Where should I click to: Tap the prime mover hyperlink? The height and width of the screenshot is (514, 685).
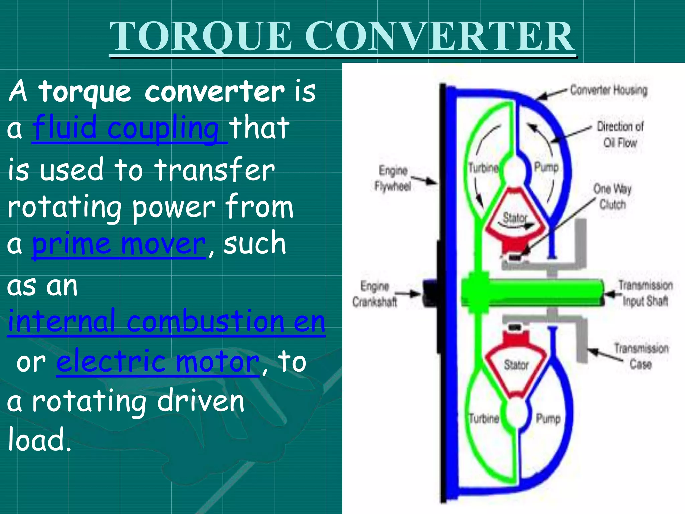pos(119,244)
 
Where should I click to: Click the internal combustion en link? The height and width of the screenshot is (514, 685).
pos(166,321)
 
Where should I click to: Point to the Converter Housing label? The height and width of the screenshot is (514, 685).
pos(608,90)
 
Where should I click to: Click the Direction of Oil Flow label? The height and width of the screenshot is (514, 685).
pos(620,135)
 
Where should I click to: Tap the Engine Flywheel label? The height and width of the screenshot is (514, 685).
pos(393,178)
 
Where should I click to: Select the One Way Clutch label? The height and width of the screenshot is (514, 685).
pos(612,196)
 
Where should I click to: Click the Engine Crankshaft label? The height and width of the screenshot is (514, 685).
pos(375,294)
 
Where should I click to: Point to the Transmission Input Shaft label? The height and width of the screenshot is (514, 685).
pos(645,293)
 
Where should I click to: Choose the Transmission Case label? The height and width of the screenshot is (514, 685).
pos(641,356)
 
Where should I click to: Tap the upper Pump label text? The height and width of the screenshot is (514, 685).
pos(547,167)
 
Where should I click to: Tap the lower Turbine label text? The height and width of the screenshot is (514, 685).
pos(484,418)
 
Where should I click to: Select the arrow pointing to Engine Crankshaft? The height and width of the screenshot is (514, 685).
pos(410,294)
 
